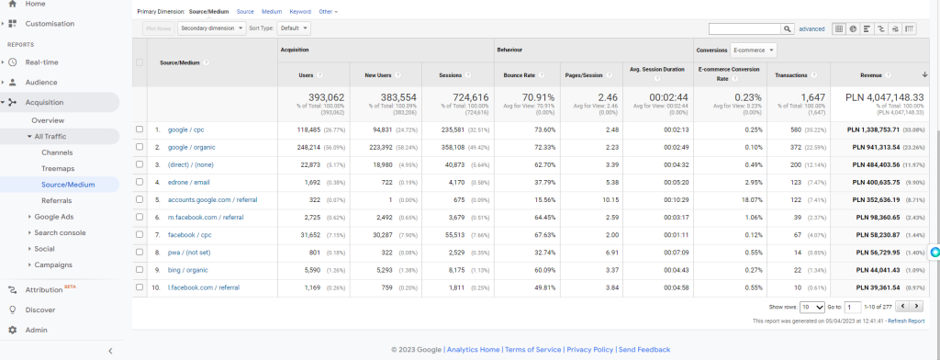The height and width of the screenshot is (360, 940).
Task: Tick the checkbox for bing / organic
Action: coord(140,270)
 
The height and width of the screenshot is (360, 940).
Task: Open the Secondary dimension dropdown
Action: coord(211,28)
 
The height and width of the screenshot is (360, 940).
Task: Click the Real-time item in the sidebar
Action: coord(43,62)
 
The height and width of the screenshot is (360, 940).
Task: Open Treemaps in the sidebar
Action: coord(57,169)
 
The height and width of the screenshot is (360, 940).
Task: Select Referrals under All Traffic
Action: coord(57,200)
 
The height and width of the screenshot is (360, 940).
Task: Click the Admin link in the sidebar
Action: coord(37,330)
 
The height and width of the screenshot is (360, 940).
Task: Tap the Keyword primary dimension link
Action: coord(299,11)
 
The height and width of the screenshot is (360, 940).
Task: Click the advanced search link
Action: coord(812,28)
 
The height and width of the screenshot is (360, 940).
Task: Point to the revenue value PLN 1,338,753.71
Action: coord(884,129)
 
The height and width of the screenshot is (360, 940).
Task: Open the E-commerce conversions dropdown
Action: coord(754,50)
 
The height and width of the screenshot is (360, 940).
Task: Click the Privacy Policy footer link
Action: coord(590,350)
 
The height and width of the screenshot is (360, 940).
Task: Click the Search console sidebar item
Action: coord(60,232)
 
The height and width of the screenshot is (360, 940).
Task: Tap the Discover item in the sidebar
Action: coord(40,309)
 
